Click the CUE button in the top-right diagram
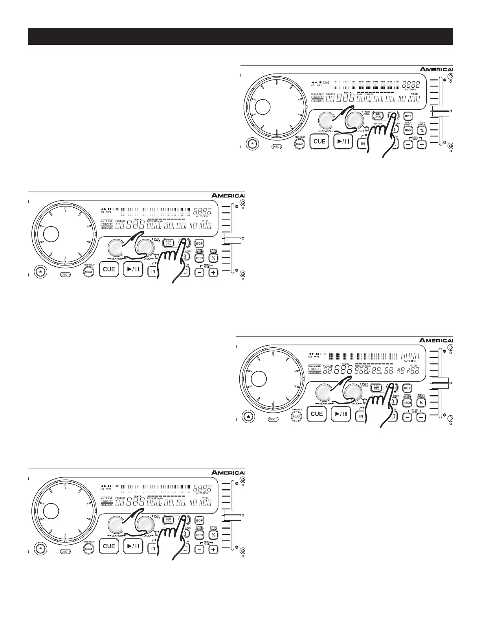tap(319, 141)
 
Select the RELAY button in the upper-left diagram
tap(88, 271)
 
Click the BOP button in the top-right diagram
tap(408, 116)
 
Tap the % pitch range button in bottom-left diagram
tap(213, 535)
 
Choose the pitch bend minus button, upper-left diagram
tap(200, 272)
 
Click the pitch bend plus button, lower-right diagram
tap(421, 417)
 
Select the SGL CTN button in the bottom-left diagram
tap(169, 519)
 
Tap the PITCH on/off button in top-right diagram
tap(408, 130)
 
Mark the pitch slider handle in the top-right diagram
tap(441, 111)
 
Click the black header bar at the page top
tap(240, 37)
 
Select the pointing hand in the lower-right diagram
tap(377, 405)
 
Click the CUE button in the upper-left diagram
tap(109, 269)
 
